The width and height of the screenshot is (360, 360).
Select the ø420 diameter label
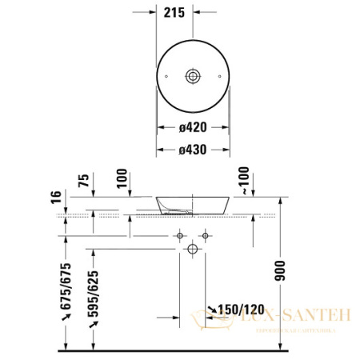coord(193,126)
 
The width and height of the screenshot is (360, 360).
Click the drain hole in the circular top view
coord(192,76)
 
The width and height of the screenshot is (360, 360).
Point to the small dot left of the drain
coord(166,76)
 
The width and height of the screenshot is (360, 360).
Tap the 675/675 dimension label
coord(66,284)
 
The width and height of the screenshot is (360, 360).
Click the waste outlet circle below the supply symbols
coord(192,250)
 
